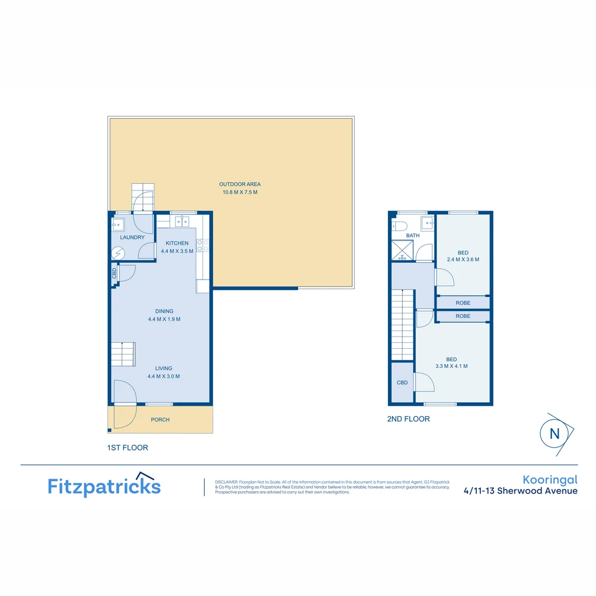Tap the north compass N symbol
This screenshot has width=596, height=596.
coord(554,433)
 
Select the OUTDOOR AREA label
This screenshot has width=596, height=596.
coord(240,184)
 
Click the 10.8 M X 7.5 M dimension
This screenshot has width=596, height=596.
coord(240,193)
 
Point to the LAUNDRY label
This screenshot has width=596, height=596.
coord(132,238)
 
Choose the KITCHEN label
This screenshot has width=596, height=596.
coord(177,243)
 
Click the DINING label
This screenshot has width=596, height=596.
coord(164,311)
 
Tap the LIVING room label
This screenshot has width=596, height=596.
coord(163,369)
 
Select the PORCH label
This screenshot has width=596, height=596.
coord(160,420)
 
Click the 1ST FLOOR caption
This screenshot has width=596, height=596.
coord(127,448)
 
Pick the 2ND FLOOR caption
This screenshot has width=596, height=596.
coord(408,419)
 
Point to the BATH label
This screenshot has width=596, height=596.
coord(413,236)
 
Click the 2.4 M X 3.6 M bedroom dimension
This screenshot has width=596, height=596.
coord(462,259)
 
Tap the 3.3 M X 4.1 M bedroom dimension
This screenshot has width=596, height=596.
coord(451,366)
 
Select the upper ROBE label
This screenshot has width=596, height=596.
coord(463,303)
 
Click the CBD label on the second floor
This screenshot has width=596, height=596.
coord(402,382)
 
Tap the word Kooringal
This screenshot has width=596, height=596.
coord(550,480)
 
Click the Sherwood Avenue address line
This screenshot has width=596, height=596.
coord(521,491)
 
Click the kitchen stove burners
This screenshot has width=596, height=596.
coord(202,246)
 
